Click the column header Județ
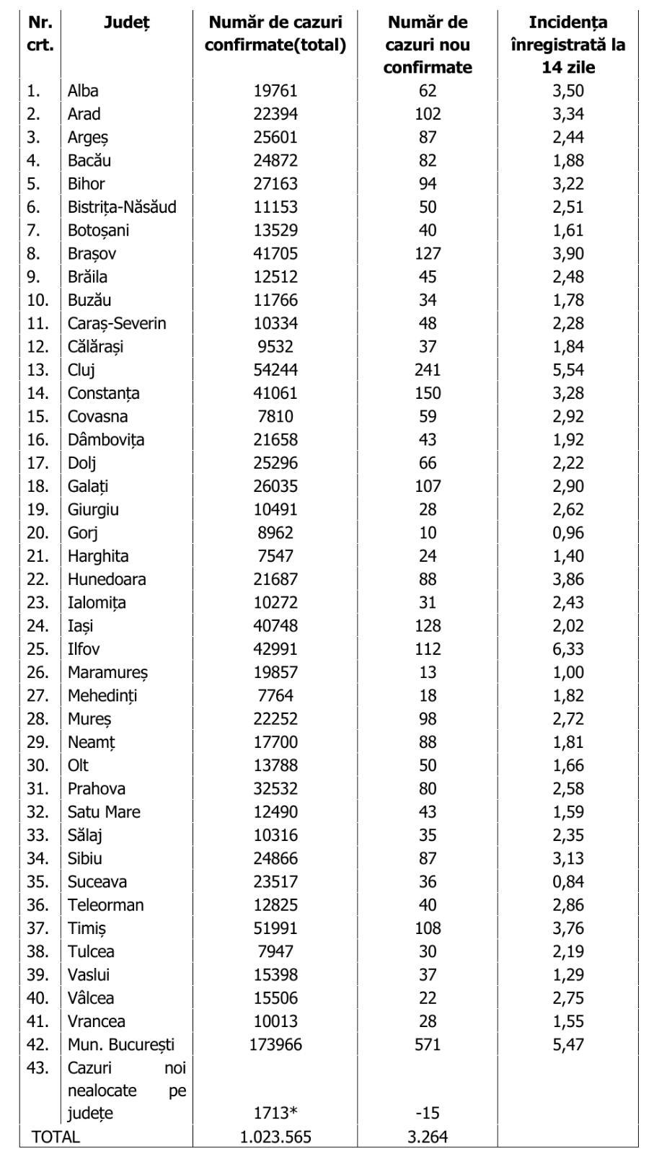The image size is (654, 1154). (126, 22)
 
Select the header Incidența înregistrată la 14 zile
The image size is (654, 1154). (567, 45)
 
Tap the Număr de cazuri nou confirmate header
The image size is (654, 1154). (428, 45)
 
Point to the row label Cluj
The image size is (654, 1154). (81, 370)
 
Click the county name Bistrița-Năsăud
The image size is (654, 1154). (121, 207)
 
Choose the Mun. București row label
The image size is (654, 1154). (120, 1044)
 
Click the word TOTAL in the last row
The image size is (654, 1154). (56, 1137)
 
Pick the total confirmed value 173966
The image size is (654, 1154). (275, 1044)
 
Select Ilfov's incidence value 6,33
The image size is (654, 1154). (567, 649)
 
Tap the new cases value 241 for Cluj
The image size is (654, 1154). (428, 370)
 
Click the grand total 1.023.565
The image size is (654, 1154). (275, 1137)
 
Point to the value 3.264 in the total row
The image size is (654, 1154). (428, 1137)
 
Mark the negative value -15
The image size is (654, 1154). (428, 1114)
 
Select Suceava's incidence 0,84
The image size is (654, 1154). (567, 881)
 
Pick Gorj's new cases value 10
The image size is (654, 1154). (428, 533)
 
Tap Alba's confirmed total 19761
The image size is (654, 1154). (275, 91)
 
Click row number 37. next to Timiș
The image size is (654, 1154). (37, 928)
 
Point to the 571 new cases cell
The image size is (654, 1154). (428, 1044)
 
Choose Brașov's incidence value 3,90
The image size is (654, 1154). (567, 254)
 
